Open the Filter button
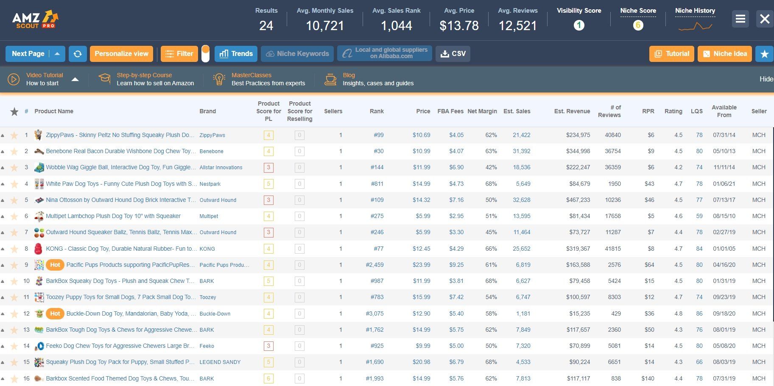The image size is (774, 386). [179, 54]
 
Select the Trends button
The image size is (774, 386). [236, 54]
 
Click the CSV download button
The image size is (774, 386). [453, 54]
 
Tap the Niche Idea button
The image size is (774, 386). [725, 54]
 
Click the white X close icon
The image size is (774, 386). [765, 19]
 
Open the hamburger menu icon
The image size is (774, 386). [740, 19]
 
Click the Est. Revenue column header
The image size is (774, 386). [572, 111]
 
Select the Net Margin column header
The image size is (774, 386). [482, 111]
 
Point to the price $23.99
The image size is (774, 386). [422, 265]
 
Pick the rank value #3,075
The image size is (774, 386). [374, 313]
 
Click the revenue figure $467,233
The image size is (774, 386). [578, 200]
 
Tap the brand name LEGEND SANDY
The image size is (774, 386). [220, 362]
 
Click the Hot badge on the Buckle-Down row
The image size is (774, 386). [55, 313]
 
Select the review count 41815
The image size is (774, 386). [613, 249]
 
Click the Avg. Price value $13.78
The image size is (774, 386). [459, 26]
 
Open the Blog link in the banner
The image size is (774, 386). [349, 75]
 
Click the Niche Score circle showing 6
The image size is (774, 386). [638, 25]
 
